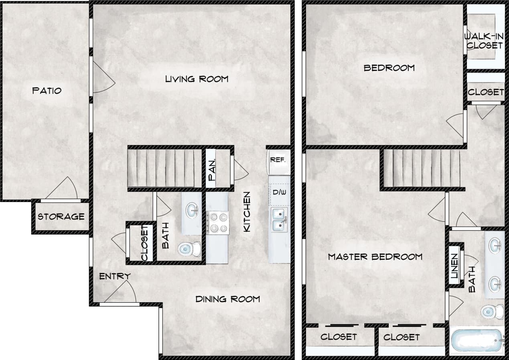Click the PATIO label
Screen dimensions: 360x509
click(47, 91)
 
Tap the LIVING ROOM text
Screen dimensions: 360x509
click(197, 79)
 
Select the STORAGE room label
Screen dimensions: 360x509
click(61, 217)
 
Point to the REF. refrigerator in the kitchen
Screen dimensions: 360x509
click(278, 160)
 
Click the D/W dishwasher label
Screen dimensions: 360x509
click(279, 192)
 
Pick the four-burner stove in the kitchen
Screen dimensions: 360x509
click(217, 223)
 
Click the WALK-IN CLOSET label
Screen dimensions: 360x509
click(484, 41)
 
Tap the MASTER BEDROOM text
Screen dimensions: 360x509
click(375, 257)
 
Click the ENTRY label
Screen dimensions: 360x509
click(115, 276)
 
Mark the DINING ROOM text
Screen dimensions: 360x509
click(227, 299)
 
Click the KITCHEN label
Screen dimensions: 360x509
click(247, 211)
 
